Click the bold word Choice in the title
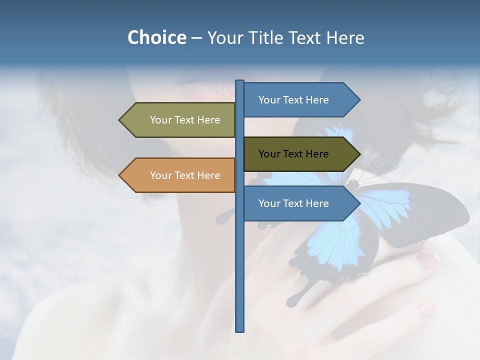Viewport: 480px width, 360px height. (x=156, y=37)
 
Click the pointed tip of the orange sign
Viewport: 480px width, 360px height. (x=120, y=175)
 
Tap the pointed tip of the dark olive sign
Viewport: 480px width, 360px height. (x=358, y=154)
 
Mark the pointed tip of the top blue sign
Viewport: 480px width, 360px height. (x=358, y=100)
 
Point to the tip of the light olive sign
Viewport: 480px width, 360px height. (x=120, y=120)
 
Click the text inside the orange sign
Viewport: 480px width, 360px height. (x=185, y=175)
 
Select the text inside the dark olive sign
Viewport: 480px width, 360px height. (x=293, y=154)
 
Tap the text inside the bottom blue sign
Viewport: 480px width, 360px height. (x=293, y=203)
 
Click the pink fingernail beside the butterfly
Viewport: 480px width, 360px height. (x=427, y=259)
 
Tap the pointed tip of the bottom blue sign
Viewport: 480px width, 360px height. (x=358, y=203)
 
